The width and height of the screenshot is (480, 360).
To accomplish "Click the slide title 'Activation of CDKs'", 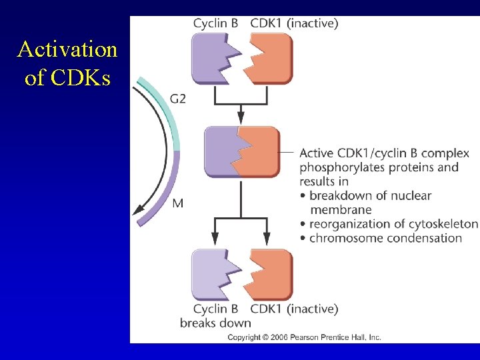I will [x=67, y=63].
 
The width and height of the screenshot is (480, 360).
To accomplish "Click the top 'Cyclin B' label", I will [x=215, y=23].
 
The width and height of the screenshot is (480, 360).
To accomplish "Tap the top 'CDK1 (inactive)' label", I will [x=294, y=23].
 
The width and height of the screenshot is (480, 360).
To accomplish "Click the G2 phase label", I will [x=178, y=99].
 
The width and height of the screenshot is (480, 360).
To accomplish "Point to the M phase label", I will [x=177, y=203].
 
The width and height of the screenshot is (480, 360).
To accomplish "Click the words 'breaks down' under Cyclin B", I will [x=215, y=323].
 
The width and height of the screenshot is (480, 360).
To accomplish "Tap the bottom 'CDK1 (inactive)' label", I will [x=294, y=309].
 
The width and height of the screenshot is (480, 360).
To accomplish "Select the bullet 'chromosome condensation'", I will [x=385, y=238].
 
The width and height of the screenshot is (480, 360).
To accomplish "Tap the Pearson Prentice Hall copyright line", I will [x=304, y=337].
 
